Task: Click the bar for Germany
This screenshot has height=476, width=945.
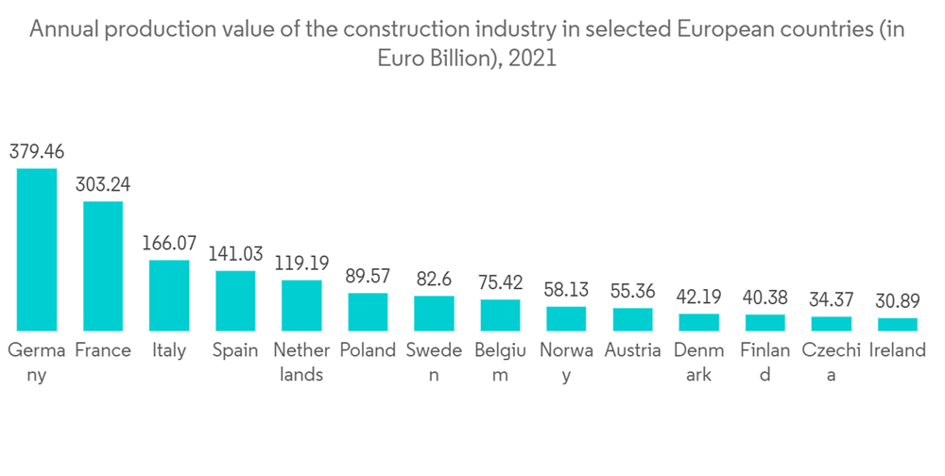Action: pos(37,249)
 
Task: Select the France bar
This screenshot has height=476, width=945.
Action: pos(103,265)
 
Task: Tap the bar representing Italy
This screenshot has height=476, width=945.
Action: pos(169,295)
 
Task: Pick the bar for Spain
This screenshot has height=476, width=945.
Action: pos(235,300)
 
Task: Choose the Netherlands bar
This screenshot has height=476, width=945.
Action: pos(301,305)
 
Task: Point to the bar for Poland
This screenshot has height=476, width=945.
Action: pos(368,312)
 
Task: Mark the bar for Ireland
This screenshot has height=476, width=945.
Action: pos(897,324)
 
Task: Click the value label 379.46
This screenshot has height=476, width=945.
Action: pos(37,151)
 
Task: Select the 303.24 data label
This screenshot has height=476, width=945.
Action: pos(103,184)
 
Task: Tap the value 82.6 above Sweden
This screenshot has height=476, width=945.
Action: pos(434,280)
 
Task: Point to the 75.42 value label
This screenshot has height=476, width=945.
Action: pos(500,282)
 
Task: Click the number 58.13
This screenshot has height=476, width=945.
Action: pos(566,290)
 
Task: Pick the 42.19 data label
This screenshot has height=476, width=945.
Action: pos(698,297)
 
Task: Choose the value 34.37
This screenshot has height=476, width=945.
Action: pos(831,300)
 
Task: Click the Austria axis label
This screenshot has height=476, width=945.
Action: pos(632,350)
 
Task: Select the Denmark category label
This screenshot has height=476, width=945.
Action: pos(698,362)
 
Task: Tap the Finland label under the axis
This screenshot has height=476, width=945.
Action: pos(765,362)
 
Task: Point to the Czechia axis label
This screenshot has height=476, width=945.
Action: pos(831,362)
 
